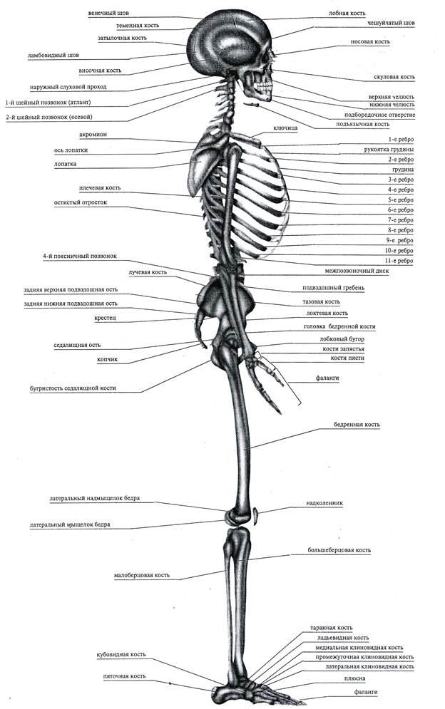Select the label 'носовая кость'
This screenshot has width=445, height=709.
(x=370, y=42)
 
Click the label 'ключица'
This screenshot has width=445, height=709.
(x=285, y=128)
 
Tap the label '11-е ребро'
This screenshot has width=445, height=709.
(x=401, y=261)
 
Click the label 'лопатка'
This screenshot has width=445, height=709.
(x=65, y=163)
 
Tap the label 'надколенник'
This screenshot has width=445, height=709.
(x=327, y=502)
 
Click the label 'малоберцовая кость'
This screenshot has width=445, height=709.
(x=141, y=575)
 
